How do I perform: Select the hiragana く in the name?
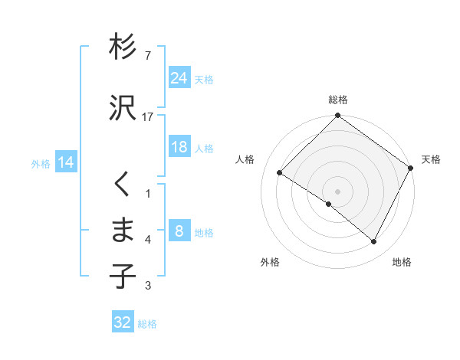(x=123, y=185)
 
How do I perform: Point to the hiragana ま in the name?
(x=123, y=230)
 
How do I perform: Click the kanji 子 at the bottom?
(x=123, y=277)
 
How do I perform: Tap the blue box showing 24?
(x=179, y=78)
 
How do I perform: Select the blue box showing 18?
(x=179, y=148)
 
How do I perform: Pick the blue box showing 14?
(x=65, y=163)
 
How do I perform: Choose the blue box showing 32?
(x=123, y=322)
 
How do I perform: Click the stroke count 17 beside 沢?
(x=148, y=117)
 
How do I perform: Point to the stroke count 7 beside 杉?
(x=147, y=56)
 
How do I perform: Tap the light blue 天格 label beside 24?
(x=204, y=79)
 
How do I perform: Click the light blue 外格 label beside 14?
(x=41, y=163)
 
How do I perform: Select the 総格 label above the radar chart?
(x=338, y=100)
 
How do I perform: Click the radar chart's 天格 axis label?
(x=432, y=159)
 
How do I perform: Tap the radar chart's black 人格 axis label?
(x=245, y=159)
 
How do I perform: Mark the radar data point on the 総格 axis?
(x=338, y=116)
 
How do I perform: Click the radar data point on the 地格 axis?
(x=374, y=242)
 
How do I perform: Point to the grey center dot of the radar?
(x=338, y=191)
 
